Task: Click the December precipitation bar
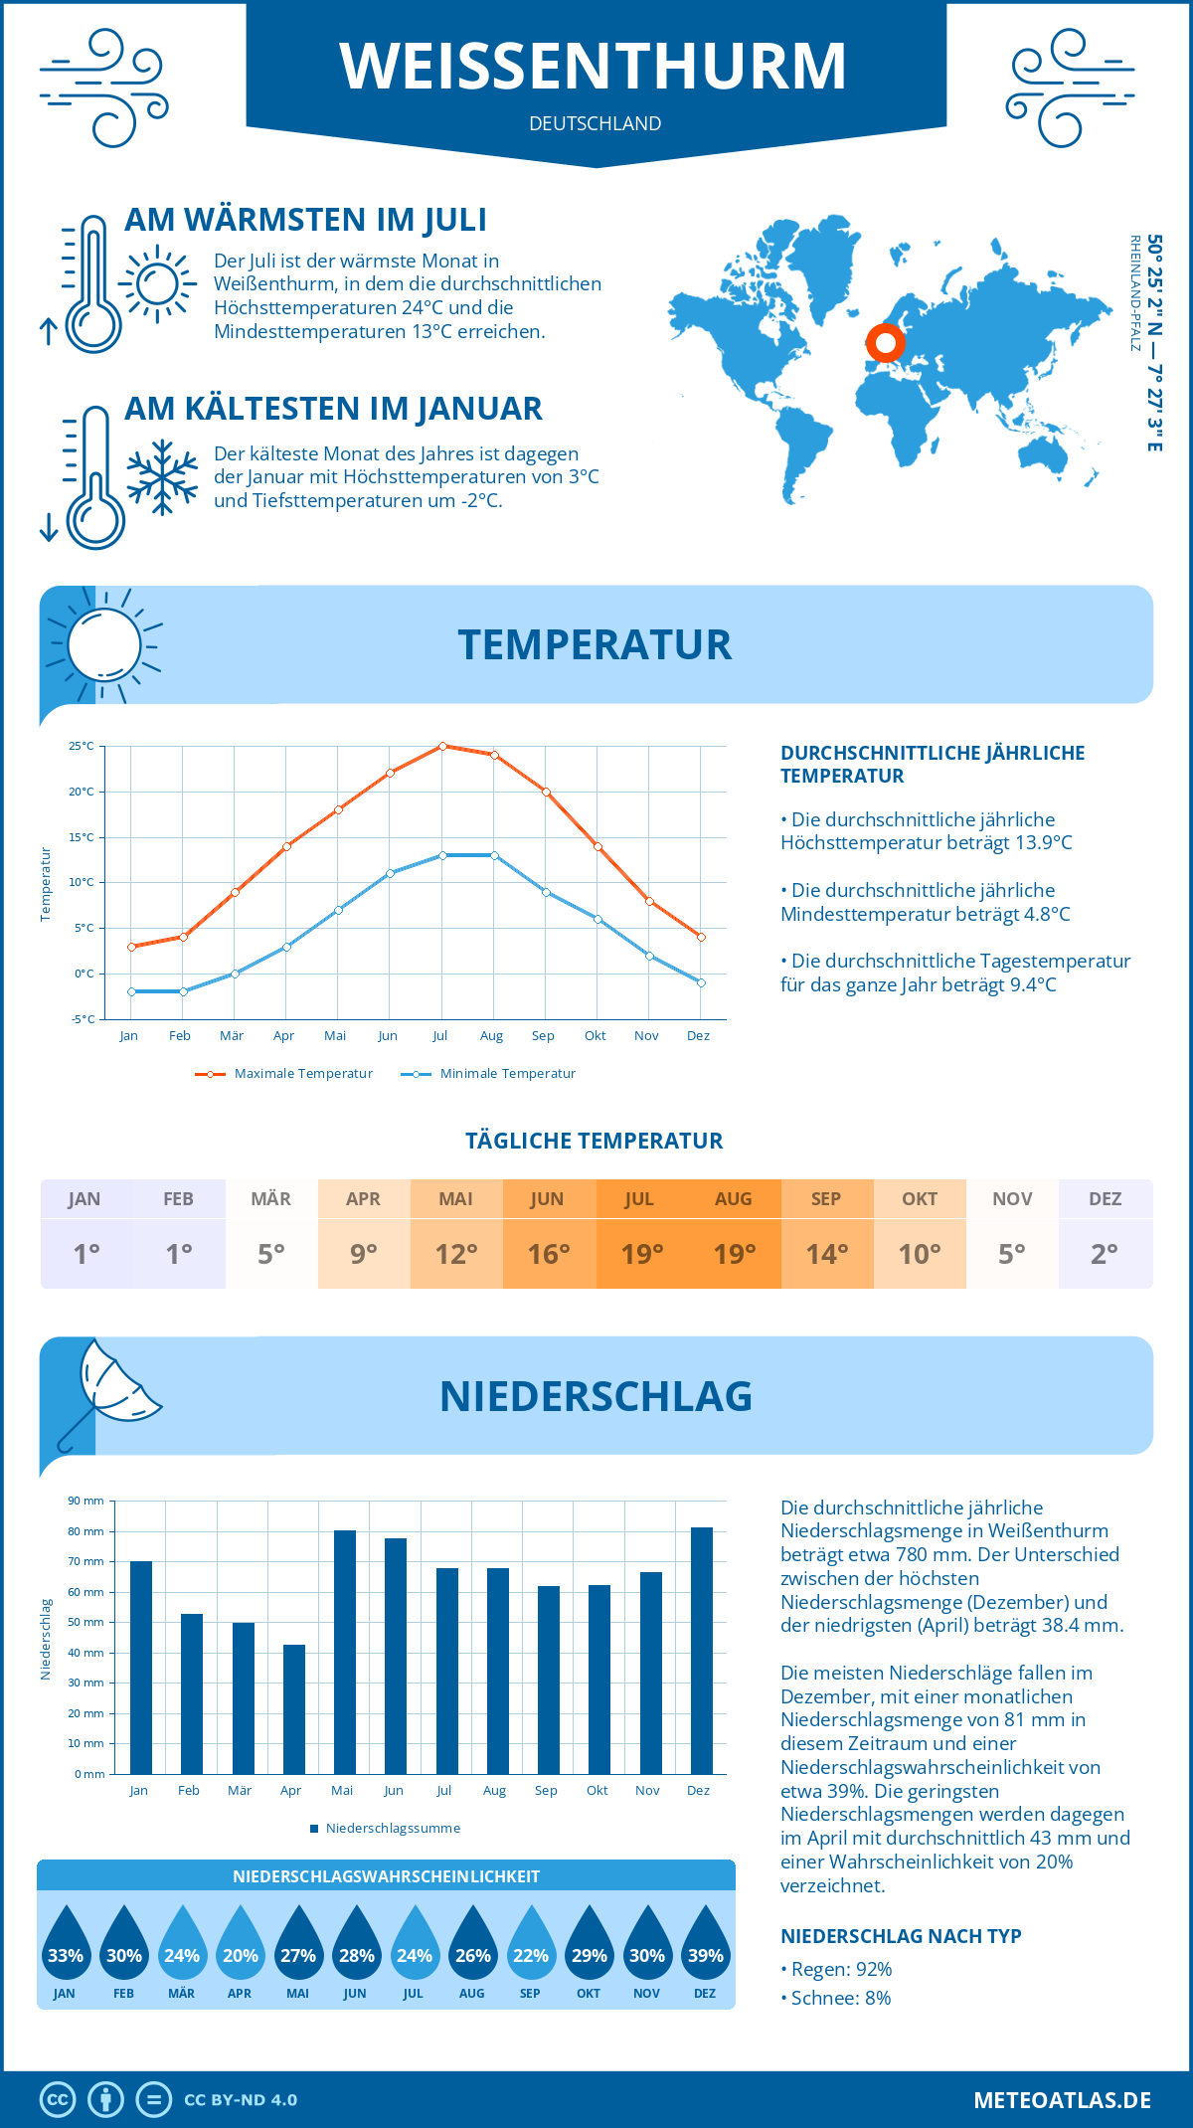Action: pos(702,1651)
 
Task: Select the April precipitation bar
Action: pos(294,1709)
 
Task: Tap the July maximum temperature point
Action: pos(442,746)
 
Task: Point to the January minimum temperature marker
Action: pos(131,991)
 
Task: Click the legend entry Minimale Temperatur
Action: pos(489,1074)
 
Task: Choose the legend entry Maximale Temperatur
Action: pos(284,1074)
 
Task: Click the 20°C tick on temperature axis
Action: pos(82,792)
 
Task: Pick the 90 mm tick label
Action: pos(85,1501)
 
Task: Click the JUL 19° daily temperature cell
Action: pos(641,1234)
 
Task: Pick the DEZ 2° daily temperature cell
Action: pos(1105,1234)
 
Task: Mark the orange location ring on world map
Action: pos(885,343)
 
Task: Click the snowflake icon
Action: pos(162,477)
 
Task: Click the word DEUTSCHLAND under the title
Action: pos(596,124)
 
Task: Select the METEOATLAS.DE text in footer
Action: pos(1062,2100)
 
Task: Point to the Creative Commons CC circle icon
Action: pos(58,2100)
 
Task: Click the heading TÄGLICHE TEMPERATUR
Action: pos(595,1142)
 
